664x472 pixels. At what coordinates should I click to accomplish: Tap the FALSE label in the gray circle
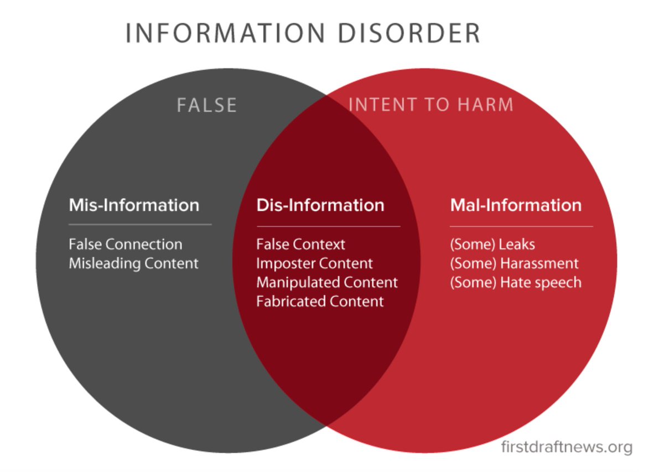[207, 105]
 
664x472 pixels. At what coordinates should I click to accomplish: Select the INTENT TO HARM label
[431, 105]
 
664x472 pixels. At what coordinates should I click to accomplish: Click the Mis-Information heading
[134, 205]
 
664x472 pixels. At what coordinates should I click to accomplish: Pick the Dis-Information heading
[320, 205]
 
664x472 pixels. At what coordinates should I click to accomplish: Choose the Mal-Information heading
[516, 205]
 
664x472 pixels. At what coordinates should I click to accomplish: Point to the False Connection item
[126, 244]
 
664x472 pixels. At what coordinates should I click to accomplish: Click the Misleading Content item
[133, 263]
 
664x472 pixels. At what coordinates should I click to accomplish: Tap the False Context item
[300, 244]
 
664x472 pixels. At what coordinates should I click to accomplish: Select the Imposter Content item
[314, 263]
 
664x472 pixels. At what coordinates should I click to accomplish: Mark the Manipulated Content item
[327, 282]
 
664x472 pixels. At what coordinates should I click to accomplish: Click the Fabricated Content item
[320, 301]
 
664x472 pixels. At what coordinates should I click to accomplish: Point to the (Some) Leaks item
[492, 244]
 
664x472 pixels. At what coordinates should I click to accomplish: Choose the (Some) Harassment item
[514, 263]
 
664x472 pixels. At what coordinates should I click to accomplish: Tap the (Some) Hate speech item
[516, 282]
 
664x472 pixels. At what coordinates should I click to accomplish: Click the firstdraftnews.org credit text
[566, 447]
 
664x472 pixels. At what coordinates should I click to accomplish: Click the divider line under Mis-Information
[140, 225]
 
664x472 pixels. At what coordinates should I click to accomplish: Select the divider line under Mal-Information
[521, 226]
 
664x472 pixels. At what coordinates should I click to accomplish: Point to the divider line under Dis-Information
[328, 226]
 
